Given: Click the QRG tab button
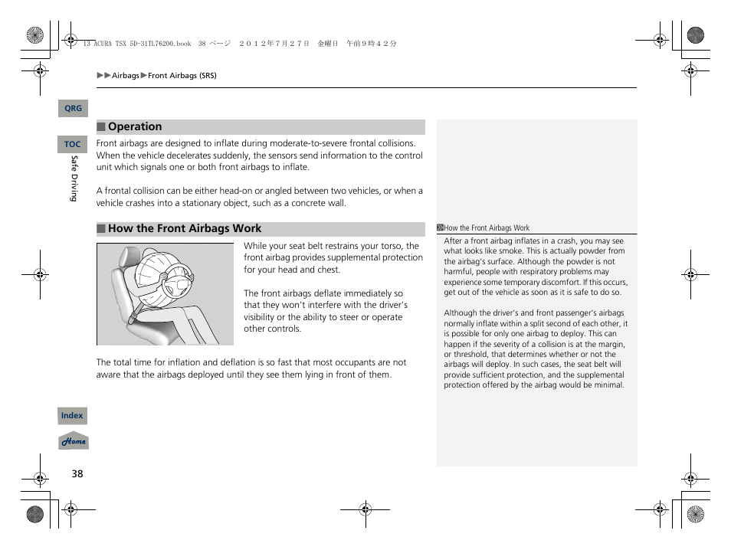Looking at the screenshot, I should [73, 109].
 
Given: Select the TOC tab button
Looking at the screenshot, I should [73, 144].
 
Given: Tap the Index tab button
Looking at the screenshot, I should [73, 416].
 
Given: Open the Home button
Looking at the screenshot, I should [74, 442].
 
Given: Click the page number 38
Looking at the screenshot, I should [77, 473].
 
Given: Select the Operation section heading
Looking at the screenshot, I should [135, 127].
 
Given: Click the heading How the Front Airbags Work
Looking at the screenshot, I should [184, 229].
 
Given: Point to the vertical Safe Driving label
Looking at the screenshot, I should [74, 178].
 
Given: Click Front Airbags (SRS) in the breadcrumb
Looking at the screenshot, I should [182, 76].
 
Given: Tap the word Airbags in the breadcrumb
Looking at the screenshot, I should [126, 76].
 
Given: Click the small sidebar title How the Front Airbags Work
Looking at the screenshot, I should [487, 228].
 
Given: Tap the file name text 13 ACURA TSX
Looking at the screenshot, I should [108, 44].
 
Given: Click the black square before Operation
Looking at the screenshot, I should [100, 127].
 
